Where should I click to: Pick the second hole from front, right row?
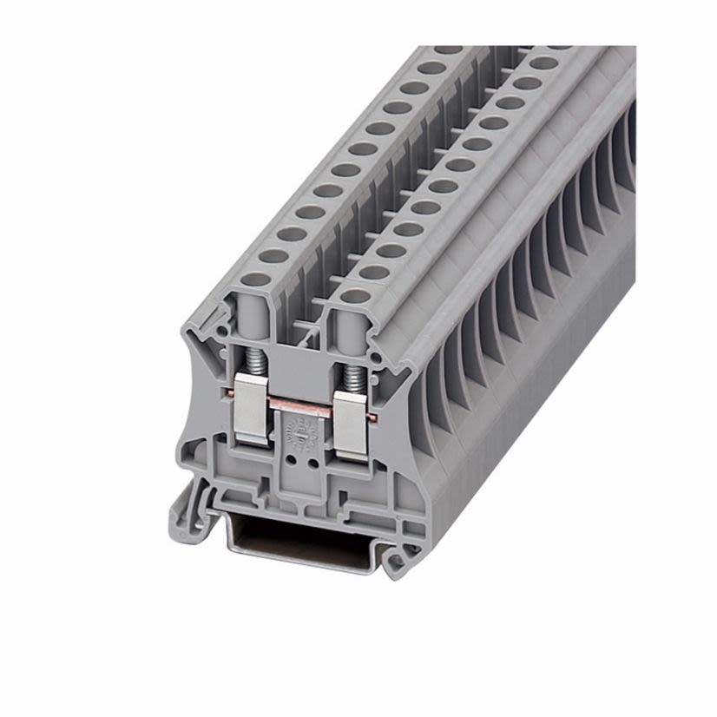pyautogui.click(x=374, y=272)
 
